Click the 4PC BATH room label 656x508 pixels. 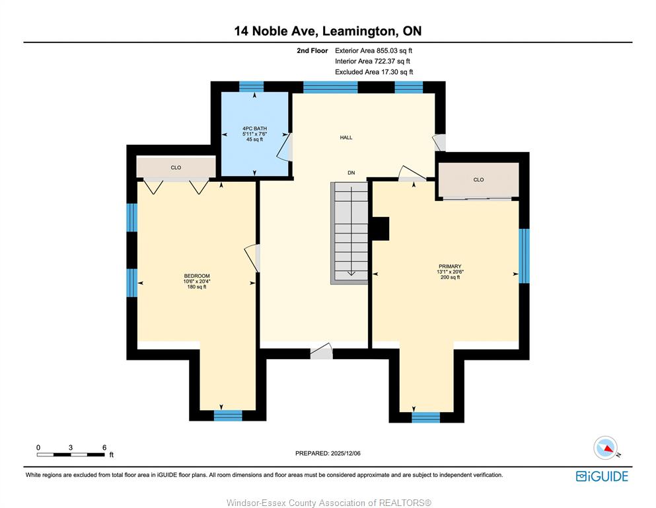coord(254,128)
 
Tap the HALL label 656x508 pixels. coord(346,138)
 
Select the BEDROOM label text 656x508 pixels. coord(197,276)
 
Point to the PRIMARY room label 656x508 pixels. coord(450,267)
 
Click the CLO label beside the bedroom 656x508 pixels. coord(176,167)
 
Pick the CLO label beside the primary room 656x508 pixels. coord(478,180)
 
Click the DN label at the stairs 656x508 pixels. coord(351,173)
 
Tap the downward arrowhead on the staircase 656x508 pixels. coord(351,273)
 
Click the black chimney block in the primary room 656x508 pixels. coord(381,229)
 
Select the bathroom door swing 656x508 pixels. coord(284,147)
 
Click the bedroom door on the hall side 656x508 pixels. coord(252,259)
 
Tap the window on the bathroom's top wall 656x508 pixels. coord(252,87)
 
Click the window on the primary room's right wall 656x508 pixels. coord(525,256)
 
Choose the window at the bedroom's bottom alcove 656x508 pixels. coord(228,415)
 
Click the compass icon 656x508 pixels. coord(605,448)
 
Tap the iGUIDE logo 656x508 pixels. coord(602,476)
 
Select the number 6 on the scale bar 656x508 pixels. coord(104,447)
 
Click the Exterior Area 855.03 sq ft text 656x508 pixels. coord(374,51)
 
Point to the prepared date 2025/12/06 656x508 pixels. coord(346,453)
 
